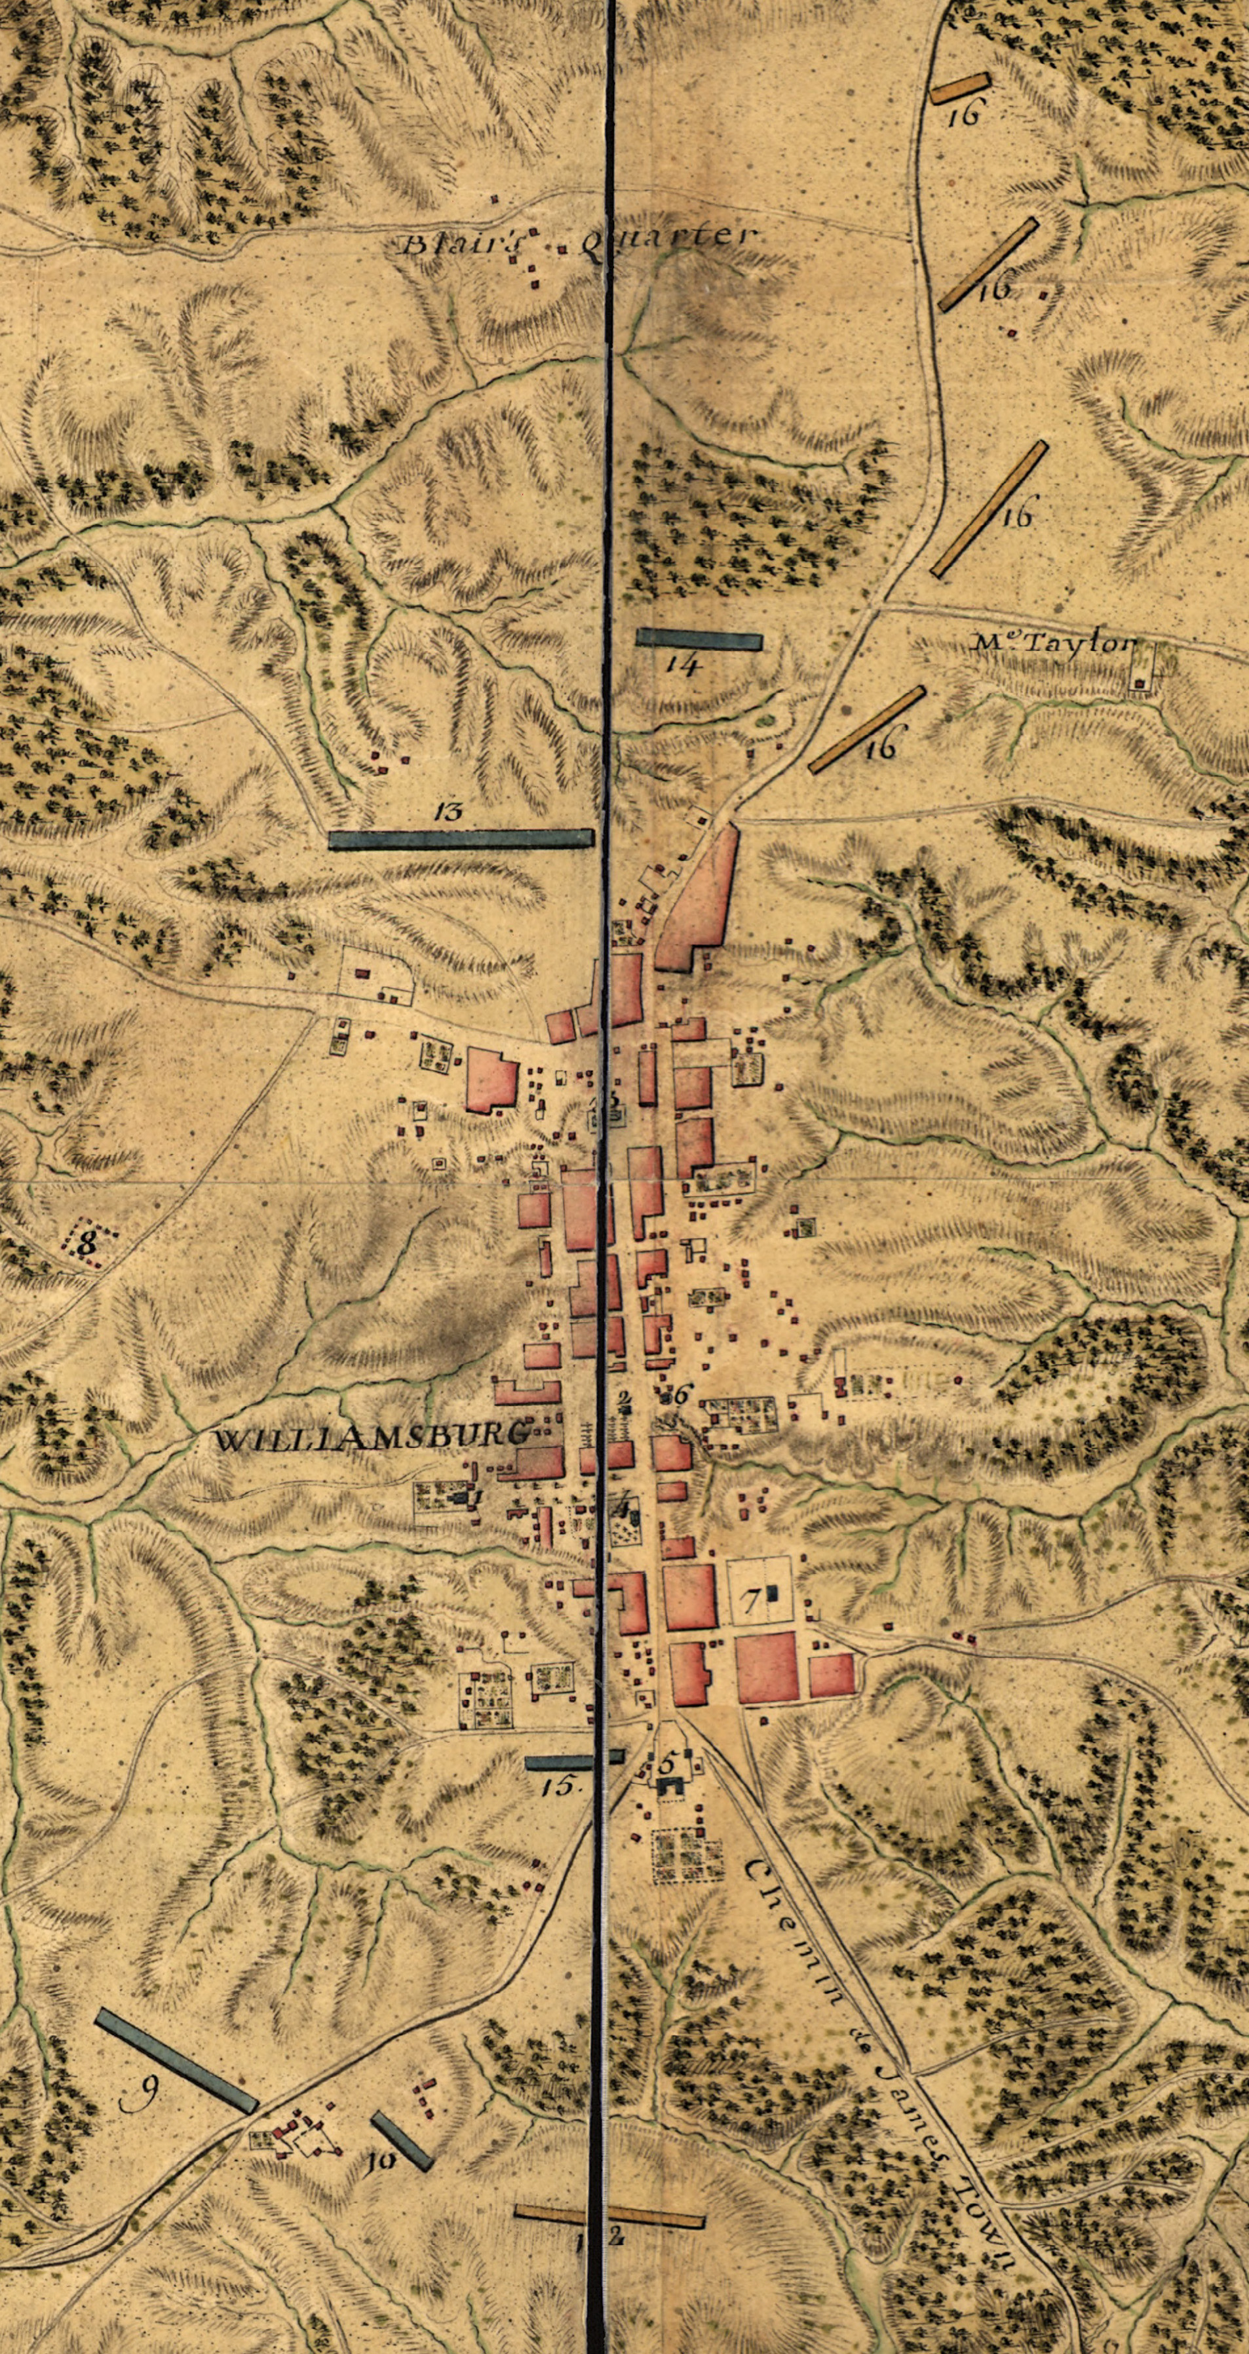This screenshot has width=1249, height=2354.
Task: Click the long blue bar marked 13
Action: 461,839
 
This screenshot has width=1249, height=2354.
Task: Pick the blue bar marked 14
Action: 699,638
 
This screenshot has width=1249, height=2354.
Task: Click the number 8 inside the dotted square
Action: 88,1243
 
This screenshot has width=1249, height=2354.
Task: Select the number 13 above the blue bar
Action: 450,810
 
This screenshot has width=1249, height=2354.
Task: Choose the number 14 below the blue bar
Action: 683,664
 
